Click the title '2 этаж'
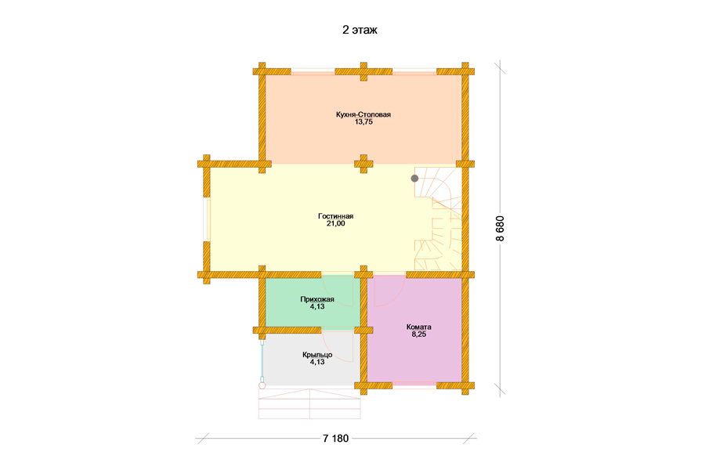coord(360,30)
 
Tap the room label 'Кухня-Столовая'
coord(363,114)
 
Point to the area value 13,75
coord(363,122)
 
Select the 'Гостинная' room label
coord(336,216)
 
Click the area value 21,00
coord(336,223)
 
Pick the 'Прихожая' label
coord(317,299)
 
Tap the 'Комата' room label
coord(418,327)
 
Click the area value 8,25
coord(418,334)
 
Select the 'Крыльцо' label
coord(317,354)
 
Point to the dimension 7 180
coord(336,439)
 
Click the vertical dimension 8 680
coord(501,229)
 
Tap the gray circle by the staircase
coord(414,179)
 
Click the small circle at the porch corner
coord(262,385)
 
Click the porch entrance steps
coord(309,403)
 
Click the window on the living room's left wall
coord(207,219)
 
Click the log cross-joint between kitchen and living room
coord(363,164)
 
